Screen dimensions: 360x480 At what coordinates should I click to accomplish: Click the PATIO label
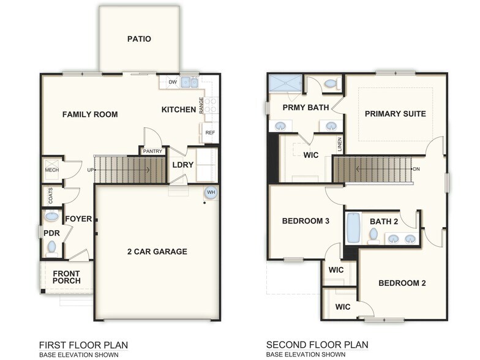[x=139, y=39]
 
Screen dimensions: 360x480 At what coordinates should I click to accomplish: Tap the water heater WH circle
[x=211, y=192]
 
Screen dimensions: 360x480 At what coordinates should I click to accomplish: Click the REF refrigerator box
[x=210, y=132]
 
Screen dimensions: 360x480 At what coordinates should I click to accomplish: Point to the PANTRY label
[x=152, y=151]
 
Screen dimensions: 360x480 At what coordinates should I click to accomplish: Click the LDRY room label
[x=182, y=165]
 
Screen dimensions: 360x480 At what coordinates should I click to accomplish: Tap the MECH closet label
[x=51, y=170]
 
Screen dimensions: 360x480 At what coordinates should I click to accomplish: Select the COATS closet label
[x=50, y=196]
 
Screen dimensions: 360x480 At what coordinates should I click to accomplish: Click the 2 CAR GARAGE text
[x=157, y=251]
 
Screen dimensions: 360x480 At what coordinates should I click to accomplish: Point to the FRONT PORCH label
[x=66, y=277]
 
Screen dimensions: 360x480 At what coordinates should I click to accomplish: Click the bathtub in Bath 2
[x=353, y=228]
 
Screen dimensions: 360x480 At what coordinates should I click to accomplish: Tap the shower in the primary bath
[x=285, y=83]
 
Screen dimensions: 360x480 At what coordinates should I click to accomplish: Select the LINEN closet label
[x=340, y=145]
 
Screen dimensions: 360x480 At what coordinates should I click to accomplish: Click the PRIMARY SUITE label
[x=395, y=114]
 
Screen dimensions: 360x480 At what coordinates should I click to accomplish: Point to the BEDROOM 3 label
[x=306, y=221]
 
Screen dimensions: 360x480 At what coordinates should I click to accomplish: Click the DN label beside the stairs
[x=416, y=169]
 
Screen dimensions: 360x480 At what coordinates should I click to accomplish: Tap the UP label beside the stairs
[x=91, y=170]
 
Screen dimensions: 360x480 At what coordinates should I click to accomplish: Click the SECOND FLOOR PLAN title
[x=317, y=345]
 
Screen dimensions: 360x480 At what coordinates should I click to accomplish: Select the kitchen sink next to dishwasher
[x=190, y=83]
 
